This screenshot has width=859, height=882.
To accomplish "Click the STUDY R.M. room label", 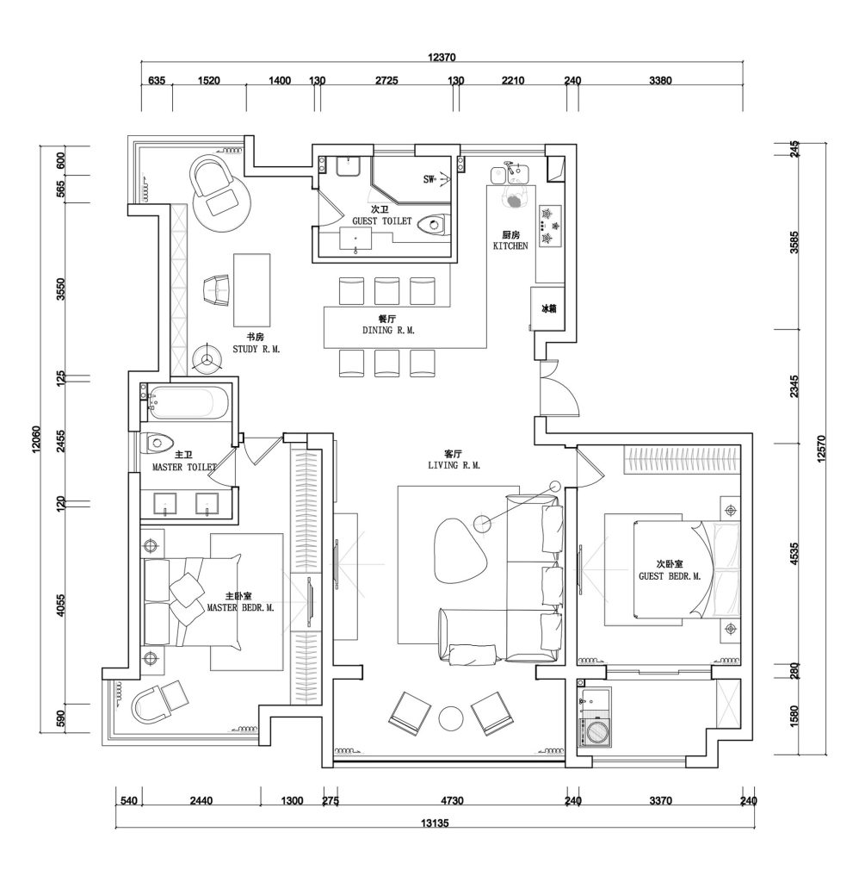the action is (x=256, y=350).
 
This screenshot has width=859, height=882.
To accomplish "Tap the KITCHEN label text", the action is (x=510, y=245).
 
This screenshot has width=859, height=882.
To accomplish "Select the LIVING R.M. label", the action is (x=454, y=465).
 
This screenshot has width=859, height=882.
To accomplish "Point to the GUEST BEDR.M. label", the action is (x=670, y=576).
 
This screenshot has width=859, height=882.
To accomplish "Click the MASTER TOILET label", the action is (x=184, y=467).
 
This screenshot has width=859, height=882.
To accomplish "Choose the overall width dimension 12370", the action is (x=442, y=57).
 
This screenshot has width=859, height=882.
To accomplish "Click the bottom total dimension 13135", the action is (x=435, y=823).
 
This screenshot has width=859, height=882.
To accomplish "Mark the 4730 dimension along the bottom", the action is (x=452, y=800).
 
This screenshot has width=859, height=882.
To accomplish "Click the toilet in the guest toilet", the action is (x=436, y=225).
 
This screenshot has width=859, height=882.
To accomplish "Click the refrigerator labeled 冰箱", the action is (x=547, y=309).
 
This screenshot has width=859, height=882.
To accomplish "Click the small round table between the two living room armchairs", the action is (x=451, y=718).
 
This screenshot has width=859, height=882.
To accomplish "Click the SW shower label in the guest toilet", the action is (x=429, y=179).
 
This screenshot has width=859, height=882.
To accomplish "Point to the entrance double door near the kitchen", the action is (x=558, y=388).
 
